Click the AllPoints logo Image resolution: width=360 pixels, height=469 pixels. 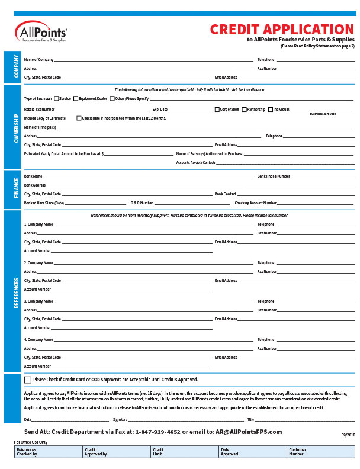tap(41, 33)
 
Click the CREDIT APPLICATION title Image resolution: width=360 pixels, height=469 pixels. tap(282, 30)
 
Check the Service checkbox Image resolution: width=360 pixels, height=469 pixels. tap(56, 98)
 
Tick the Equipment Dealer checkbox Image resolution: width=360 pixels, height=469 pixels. tap(76, 98)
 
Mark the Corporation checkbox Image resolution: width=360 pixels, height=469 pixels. tap(217, 110)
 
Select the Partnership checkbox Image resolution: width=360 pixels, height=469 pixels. tap(244, 110)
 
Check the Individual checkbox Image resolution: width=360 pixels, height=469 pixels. tap(271, 110)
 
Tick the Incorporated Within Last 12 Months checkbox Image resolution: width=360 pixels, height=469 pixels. tap(79, 118)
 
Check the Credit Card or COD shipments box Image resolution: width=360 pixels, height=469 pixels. tap(28, 380)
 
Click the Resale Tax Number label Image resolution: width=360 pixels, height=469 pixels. tap(39, 110)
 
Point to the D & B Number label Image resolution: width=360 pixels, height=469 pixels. tap(142, 203)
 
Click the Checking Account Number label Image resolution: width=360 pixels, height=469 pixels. tap(255, 203)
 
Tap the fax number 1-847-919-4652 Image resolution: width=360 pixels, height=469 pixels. tap(158, 432)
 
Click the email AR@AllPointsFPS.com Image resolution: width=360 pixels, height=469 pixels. tap(249, 432)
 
